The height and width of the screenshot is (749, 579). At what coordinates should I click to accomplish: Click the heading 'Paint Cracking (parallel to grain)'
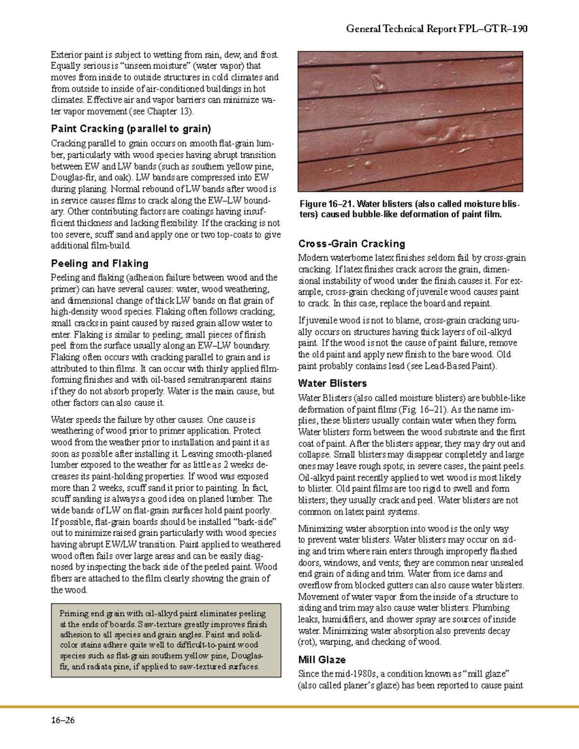(131, 129)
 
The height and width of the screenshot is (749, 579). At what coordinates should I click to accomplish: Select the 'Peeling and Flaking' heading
(99, 263)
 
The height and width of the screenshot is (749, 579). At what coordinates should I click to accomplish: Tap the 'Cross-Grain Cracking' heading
(351, 244)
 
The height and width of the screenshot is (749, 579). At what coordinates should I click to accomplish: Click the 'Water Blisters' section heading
(332, 383)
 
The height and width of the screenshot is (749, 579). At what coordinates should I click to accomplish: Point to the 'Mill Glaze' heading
(321, 659)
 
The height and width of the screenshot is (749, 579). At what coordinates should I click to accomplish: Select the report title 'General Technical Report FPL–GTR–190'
(436, 29)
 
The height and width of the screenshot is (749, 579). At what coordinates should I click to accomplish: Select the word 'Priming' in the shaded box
(74, 613)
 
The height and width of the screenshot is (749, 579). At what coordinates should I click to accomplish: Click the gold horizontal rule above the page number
(289, 707)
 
